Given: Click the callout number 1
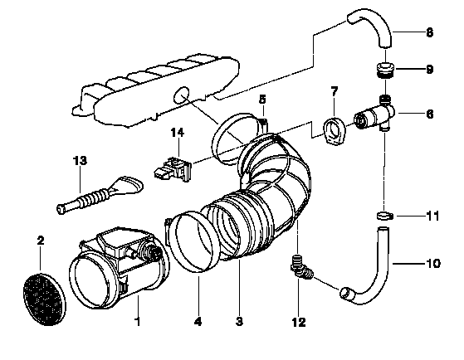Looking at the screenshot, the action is tap(137, 321).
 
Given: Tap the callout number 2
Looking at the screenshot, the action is tap(41, 241).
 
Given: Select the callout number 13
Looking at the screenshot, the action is tap(80, 161).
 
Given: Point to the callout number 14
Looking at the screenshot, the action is tap(178, 132).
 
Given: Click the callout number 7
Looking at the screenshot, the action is tap(334, 92).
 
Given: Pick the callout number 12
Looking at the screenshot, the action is tap(299, 322).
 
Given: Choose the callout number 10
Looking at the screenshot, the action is tap(433, 263).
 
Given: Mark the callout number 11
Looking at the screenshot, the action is tap(432, 216).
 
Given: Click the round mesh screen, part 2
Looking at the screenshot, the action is tap(44, 299).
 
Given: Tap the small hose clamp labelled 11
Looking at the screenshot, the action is tap(385, 216).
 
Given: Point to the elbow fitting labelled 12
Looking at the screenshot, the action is tap(302, 268).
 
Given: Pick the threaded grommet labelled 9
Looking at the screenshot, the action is tap(384, 71).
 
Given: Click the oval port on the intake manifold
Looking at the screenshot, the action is tap(181, 95).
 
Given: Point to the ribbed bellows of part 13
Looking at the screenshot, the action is tap(93, 196).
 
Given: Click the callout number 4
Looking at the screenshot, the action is tap(198, 322).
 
